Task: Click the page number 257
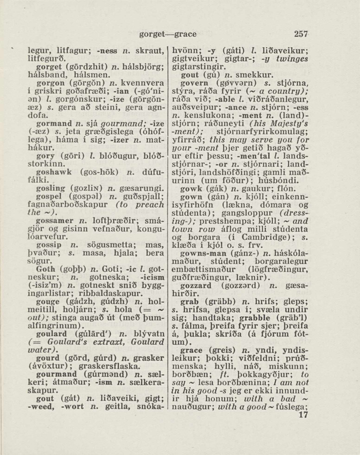click(301, 33)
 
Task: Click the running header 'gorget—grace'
click(168, 34)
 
